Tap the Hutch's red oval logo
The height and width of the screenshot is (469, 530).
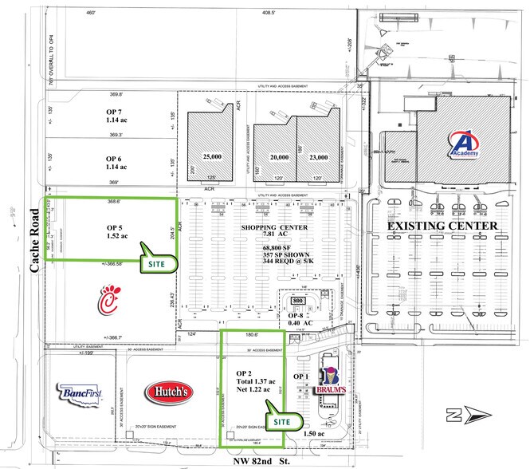click(x=168, y=391)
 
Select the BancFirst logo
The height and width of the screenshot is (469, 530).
click(x=80, y=393)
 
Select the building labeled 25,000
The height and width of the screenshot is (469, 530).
click(x=212, y=156)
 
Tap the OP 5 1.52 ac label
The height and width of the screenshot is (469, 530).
click(x=118, y=232)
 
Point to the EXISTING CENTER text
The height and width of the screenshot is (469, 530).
click(x=443, y=227)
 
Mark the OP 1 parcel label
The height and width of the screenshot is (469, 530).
click(x=300, y=376)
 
